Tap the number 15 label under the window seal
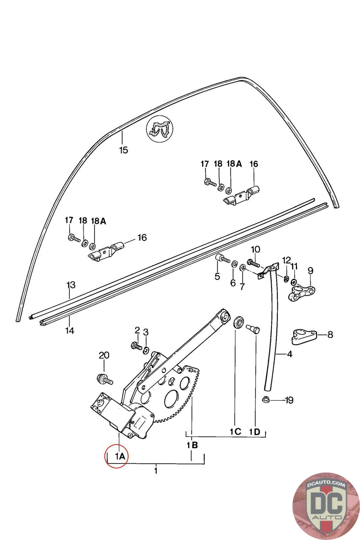124,150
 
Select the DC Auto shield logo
326,506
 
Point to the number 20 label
104,355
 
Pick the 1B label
192,445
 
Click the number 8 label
330,334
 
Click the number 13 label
71,285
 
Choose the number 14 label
70,330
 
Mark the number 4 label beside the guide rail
289,354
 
